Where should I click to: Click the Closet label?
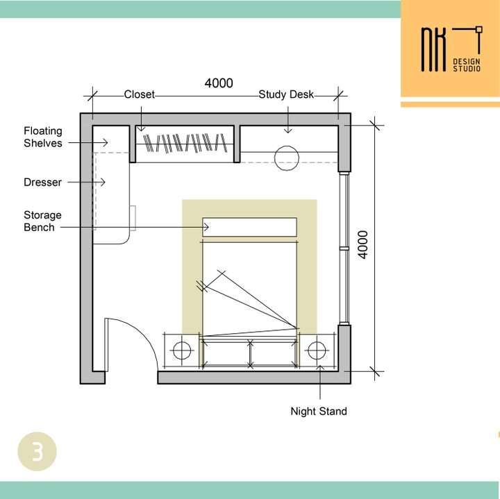139,94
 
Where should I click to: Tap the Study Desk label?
286,94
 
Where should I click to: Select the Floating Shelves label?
43,137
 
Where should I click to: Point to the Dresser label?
43,183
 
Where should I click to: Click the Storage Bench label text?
43,221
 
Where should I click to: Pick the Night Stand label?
319,411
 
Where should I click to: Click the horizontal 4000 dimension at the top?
219,83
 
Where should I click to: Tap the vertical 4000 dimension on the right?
363,245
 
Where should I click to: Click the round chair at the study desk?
287,158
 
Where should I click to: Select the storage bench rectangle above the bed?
250,227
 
